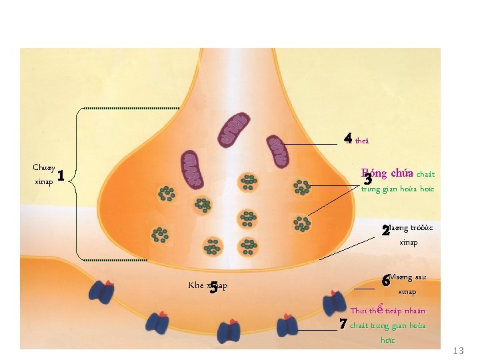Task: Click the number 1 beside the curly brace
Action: (x=61, y=176)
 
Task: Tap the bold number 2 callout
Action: (x=385, y=232)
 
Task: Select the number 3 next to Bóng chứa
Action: (x=367, y=179)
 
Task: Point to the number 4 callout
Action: (x=347, y=139)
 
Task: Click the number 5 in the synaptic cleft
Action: (x=213, y=289)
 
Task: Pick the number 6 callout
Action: (x=385, y=281)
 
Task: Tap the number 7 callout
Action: (x=343, y=325)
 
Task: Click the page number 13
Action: (x=458, y=351)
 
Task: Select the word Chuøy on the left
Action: (x=44, y=167)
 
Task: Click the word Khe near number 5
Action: (x=196, y=285)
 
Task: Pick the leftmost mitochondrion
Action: (x=192, y=169)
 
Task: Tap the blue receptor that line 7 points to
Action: (x=288, y=325)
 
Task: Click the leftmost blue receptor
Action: (x=102, y=291)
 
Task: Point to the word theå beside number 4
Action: (x=362, y=141)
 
